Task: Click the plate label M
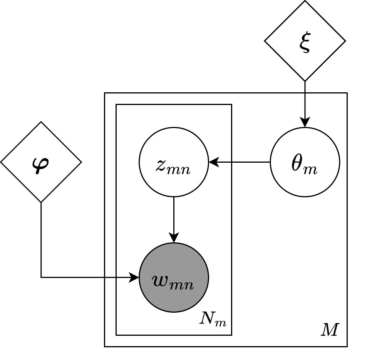click(330, 330)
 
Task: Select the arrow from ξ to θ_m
click(305, 102)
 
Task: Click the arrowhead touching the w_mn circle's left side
click(134, 277)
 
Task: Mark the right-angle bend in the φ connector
click(41, 277)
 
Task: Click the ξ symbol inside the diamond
click(305, 42)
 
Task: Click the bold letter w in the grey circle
click(163, 281)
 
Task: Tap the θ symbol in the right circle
click(298, 164)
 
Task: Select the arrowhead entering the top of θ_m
click(305, 123)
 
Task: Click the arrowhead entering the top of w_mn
click(174, 238)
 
